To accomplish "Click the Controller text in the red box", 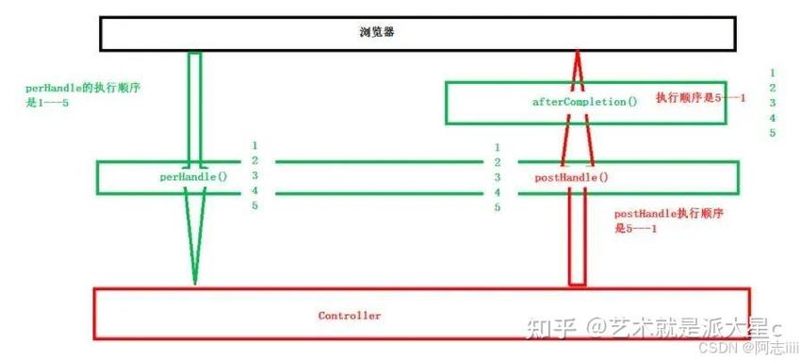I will [x=350, y=315].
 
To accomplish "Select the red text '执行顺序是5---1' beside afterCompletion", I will [x=700, y=98].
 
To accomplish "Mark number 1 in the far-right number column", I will [x=772, y=73].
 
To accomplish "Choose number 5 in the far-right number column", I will [x=772, y=133].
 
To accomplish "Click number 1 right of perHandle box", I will [x=254, y=145].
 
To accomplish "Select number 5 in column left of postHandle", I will [x=497, y=206].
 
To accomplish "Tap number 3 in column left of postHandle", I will [x=497, y=176].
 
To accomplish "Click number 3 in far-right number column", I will [x=772, y=103].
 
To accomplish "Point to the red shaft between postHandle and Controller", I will [x=577, y=236].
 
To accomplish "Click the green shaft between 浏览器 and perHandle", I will [x=195, y=104].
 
